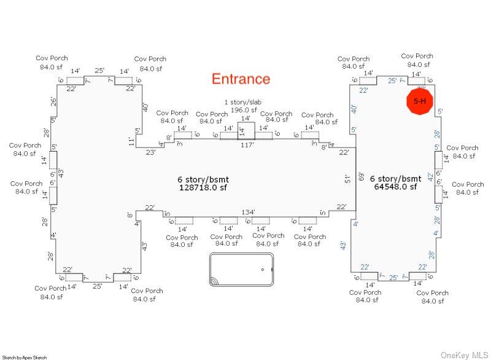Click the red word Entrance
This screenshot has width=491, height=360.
(x=241, y=79)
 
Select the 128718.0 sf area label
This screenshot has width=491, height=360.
(x=203, y=187)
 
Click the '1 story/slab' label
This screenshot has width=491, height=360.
(x=245, y=102)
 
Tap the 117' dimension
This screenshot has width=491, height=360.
(x=247, y=146)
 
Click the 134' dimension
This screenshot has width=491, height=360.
(x=248, y=213)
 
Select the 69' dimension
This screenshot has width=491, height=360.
(x=361, y=177)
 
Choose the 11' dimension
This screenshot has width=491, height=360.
(x=131, y=141)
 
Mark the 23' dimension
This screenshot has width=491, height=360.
(x=150, y=153)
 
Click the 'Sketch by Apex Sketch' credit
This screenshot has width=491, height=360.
(x=25, y=357)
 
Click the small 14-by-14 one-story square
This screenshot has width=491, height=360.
(x=245, y=131)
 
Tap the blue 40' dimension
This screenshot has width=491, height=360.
(x=354, y=109)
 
